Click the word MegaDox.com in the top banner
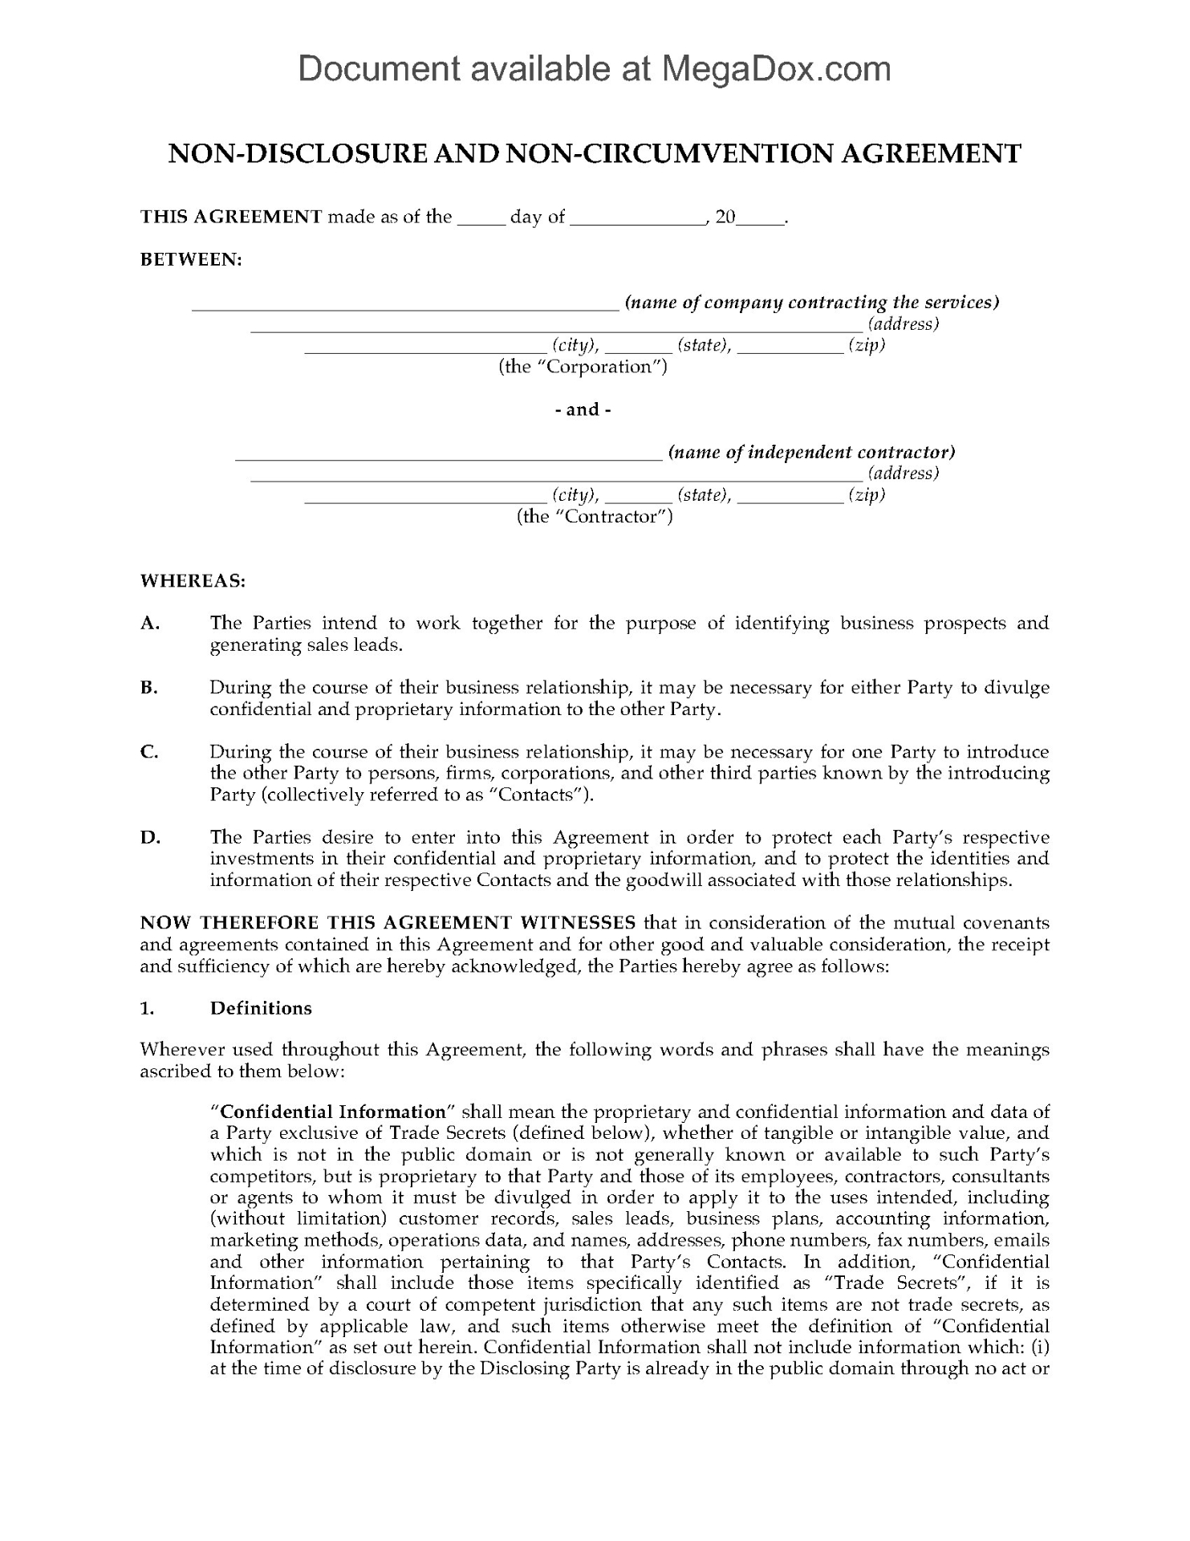pos(775,69)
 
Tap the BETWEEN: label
pos(191,259)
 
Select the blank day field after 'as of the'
pos(481,218)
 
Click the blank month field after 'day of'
pos(638,218)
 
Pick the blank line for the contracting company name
pos(404,304)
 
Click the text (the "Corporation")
pos(583,367)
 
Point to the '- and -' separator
pos(583,409)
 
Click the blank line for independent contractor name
pos(449,454)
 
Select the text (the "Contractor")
pos(594,516)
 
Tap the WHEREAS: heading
pos(193,580)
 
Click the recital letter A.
pos(149,623)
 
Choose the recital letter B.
pos(149,688)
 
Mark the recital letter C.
pos(149,752)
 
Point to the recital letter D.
pos(150,837)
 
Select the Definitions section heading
pos(261,1008)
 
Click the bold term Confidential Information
pos(332,1112)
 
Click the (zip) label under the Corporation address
pos(867,345)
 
